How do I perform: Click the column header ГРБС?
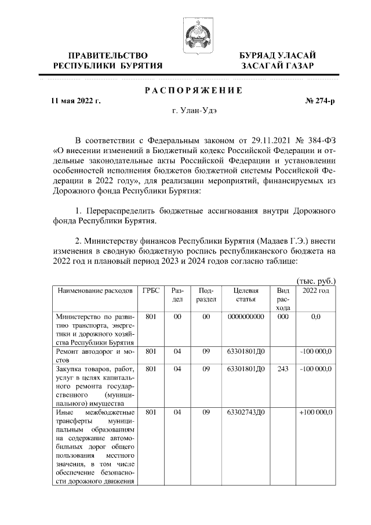pyautogui.click(x=151, y=291)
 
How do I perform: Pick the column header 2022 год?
pyautogui.click(x=316, y=291)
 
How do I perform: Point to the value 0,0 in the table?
pyautogui.click(x=316, y=317)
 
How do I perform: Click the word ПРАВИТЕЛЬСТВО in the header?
pyautogui.click(x=107, y=55)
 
